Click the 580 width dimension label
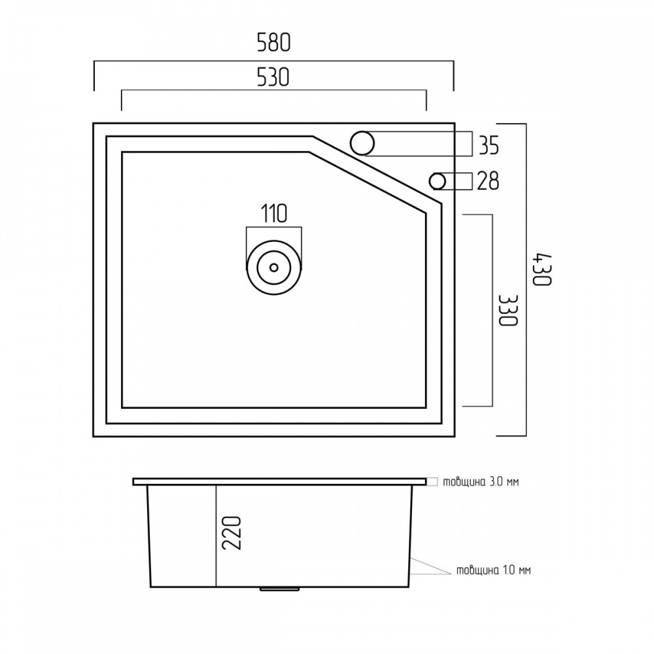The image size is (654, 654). pyautogui.click(x=273, y=43)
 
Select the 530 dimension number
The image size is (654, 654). pyautogui.click(x=273, y=77)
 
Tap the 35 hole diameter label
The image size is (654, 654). pyautogui.click(x=489, y=146)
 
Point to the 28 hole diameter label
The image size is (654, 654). pyautogui.click(x=488, y=181)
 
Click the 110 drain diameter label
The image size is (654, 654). pyautogui.click(x=274, y=213)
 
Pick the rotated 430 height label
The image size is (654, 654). pyautogui.click(x=542, y=269)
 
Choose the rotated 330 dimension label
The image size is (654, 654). pyautogui.click(x=508, y=310)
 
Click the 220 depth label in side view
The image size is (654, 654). pyautogui.click(x=232, y=533)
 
